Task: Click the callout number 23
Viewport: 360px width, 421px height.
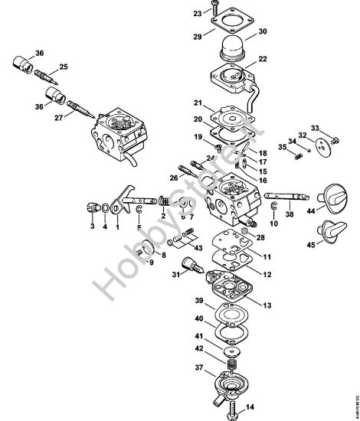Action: pos(175,14)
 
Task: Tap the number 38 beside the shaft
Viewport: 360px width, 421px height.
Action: pos(290,216)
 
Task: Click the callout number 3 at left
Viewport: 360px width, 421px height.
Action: pos(91,227)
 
